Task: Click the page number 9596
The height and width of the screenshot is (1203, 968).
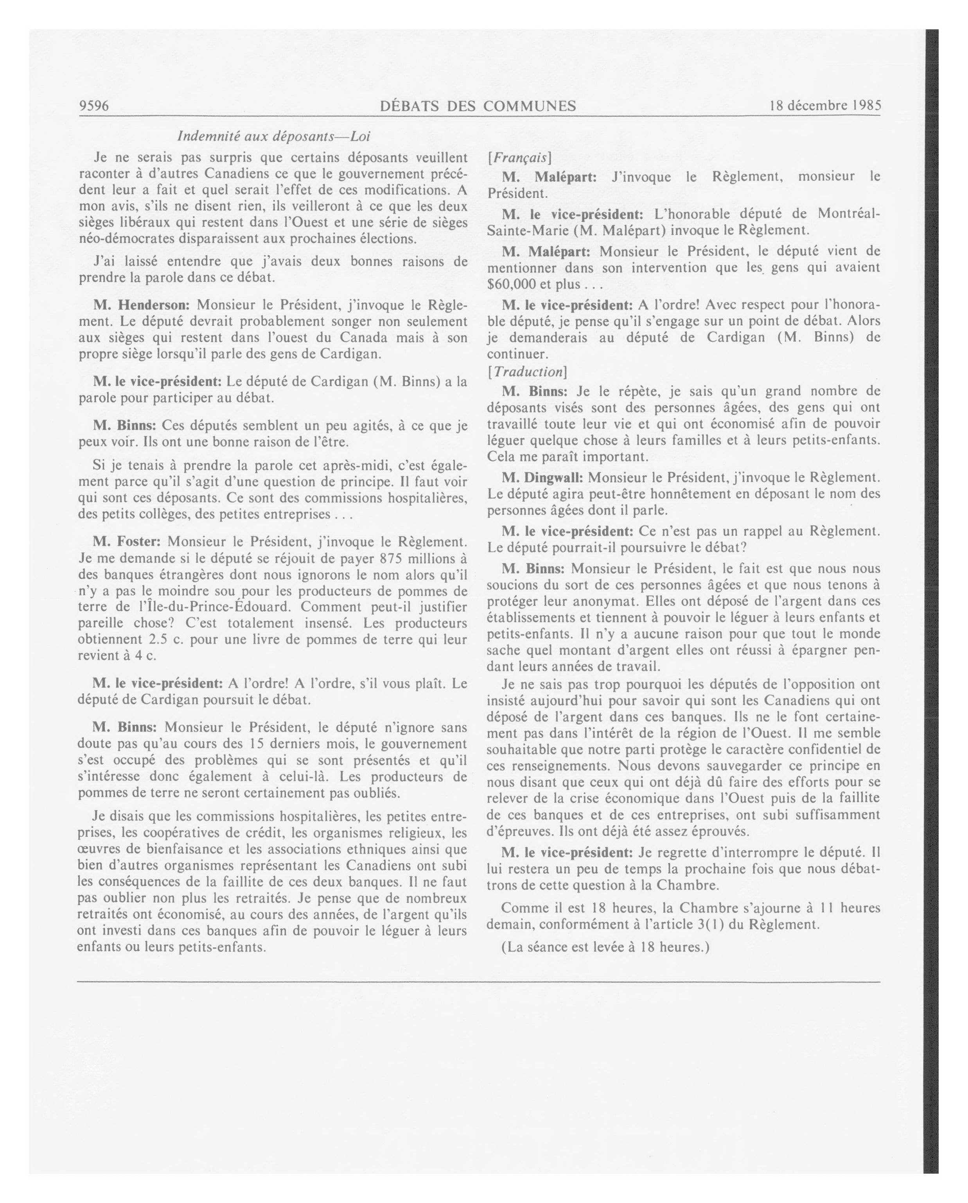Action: pyautogui.click(x=94, y=106)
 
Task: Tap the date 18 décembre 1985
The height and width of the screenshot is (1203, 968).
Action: pyautogui.click(x=824, y=106)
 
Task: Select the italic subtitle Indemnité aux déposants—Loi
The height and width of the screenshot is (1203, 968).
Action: pyautogui.click(x=273, y=136)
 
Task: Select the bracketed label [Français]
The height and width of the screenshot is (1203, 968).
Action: pyautogui.click(x=519, y=158)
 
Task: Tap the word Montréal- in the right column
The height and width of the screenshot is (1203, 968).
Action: pyautogui.click(x=849, y=214)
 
